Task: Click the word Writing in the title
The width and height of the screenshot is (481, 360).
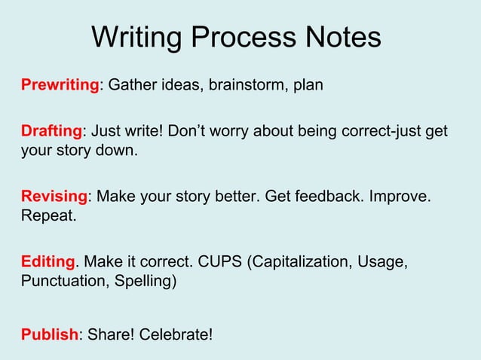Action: [137, 37]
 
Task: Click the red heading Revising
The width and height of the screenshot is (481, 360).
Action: [54, 197]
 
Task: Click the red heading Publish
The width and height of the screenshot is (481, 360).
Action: [49, 333]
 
